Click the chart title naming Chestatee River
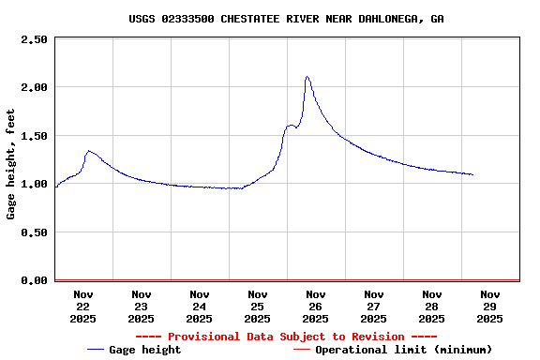point(287,19)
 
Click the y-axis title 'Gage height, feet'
point(11,163)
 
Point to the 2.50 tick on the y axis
point(34,39)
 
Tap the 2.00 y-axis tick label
point(34,87)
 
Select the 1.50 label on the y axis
point(34,136)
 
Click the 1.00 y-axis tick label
point(34,184)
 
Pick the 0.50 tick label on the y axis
point(34,232)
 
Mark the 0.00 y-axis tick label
point(34,280)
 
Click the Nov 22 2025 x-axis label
point(82,306)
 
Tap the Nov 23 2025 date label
point(141,306)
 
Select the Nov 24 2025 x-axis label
point(199,306)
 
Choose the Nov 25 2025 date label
point(257,306)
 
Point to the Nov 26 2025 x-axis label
point(315,306)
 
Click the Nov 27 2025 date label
point(373,306)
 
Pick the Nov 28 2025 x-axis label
point(431,306)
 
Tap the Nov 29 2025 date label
point(489,306)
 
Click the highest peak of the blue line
point(307,77)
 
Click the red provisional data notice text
point(286,337)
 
